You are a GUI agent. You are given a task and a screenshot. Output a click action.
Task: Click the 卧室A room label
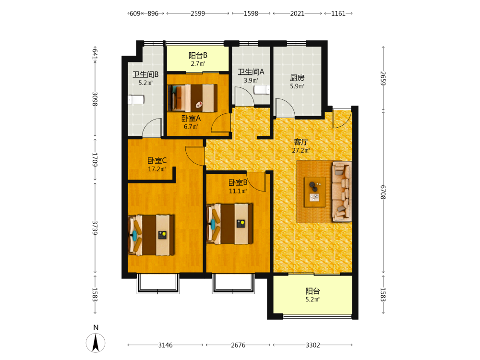click(191, 118)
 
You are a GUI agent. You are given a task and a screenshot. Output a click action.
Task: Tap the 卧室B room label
click(238, 183)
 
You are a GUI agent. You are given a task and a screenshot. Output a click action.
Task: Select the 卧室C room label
click(157, 160)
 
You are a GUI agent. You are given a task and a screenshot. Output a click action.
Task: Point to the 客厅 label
click(301, 142)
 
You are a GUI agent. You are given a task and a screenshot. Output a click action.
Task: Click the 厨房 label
click(297, 78)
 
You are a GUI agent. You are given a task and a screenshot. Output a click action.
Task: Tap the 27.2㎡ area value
click(301, 150)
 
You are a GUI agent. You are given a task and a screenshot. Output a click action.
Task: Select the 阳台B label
click(198, 55)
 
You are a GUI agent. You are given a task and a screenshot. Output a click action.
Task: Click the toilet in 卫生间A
click(262, 90)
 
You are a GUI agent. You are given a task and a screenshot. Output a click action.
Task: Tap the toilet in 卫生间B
click(136, 100)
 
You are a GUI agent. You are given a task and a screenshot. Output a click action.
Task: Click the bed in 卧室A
click(192, 97)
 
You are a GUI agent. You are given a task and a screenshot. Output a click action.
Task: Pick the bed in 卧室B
click(230, 224)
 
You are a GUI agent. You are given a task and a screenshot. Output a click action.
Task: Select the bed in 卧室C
click(151, 235)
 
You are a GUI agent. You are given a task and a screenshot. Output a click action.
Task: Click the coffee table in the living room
click(315, 192)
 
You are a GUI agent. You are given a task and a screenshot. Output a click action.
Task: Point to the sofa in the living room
click(342, 192)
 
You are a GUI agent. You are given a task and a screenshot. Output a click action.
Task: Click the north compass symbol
click(96, 343)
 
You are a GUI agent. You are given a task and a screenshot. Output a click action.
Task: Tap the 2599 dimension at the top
click(198, 13)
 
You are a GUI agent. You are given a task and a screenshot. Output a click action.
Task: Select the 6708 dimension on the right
click(383, 192)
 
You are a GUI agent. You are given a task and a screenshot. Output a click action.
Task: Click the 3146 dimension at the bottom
click(165, 345)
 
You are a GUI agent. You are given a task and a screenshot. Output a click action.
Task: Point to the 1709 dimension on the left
click(95, 159)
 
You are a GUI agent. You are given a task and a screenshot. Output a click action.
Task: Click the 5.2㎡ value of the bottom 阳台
click(312, 300)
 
